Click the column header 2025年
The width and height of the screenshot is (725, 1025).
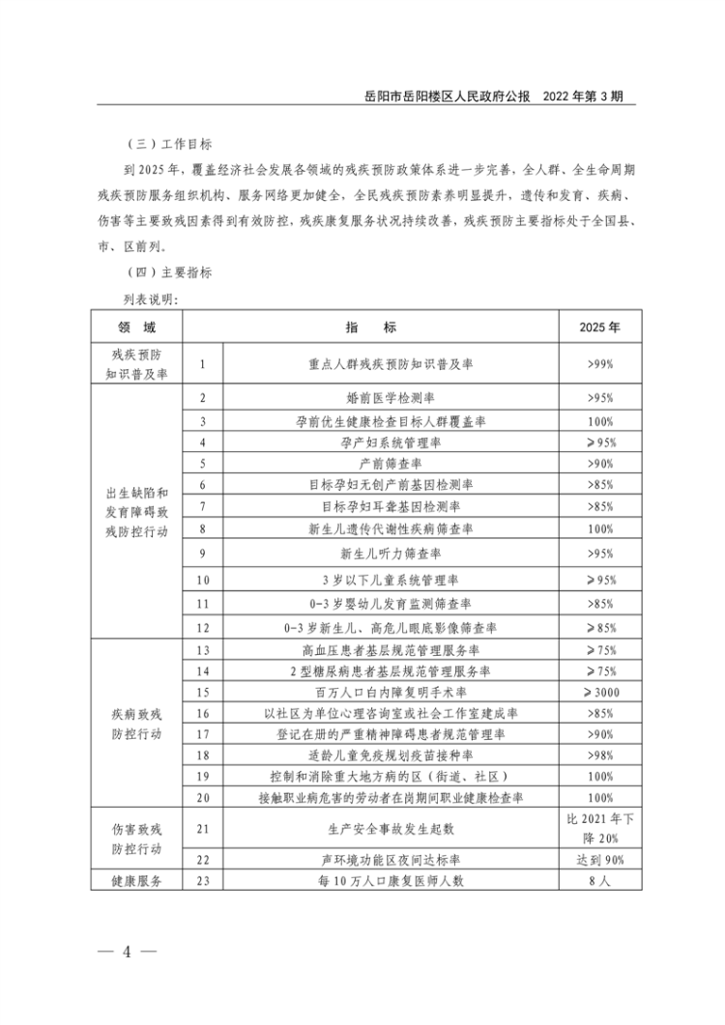(x=599, y=327)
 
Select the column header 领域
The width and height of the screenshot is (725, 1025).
(x=136, y=327)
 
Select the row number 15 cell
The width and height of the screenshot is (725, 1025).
(x=203, y=692)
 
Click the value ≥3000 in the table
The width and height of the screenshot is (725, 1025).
(x=599, y=692)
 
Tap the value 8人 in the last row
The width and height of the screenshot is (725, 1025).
(x=599, y=880)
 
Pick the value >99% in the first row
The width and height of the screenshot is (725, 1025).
(x=599, y=364)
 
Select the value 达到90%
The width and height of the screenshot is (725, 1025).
(x=599, y=860)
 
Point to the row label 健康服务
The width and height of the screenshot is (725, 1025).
(x=136, y=880)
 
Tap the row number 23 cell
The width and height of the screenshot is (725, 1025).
(x=203, y=880)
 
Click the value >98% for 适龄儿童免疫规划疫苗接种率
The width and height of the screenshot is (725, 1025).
(x=599, y=755)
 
